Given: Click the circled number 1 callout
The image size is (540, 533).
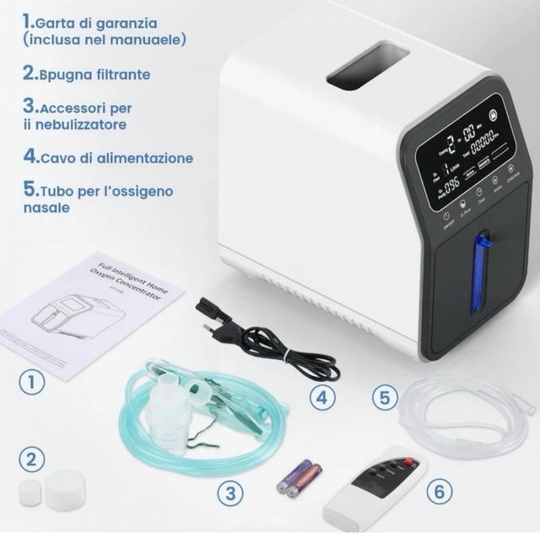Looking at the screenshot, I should point(32,381).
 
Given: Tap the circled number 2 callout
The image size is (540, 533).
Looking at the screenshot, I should point(32,460).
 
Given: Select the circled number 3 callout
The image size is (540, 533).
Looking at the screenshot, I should point(226,492).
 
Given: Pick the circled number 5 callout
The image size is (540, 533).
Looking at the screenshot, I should point(385,397).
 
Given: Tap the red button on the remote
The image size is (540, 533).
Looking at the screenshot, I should point(411,463).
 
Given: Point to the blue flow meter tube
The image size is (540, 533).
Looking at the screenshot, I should point(480,273).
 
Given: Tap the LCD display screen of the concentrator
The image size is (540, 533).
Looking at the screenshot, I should point(464,154).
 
